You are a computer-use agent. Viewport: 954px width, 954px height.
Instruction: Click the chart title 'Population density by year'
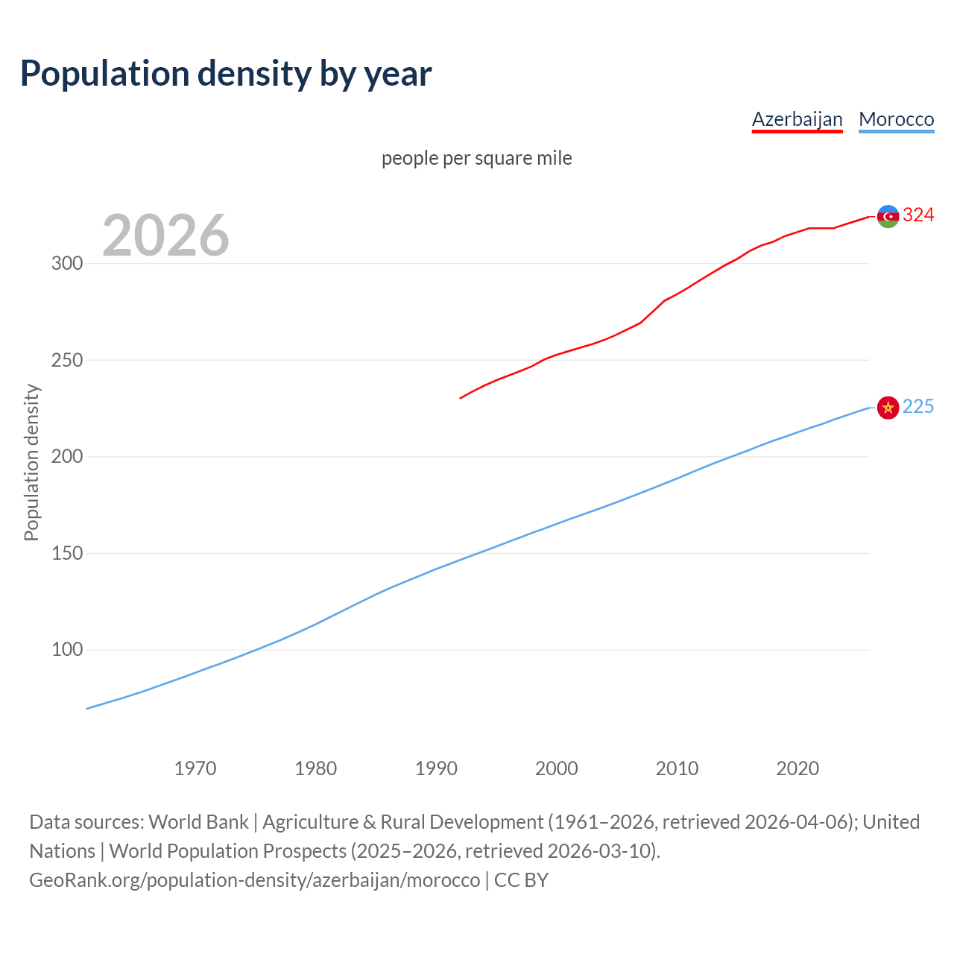click(x=226, y=73)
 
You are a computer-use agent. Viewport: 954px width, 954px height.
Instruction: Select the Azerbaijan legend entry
click(x=797, y=119)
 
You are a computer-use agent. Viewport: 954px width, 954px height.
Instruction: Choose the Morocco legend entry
click(x=896, y=119)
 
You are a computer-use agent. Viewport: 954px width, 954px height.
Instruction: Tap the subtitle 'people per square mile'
click(x=476, y=158)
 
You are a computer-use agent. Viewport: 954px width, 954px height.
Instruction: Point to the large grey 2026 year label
click(x=165, y=236)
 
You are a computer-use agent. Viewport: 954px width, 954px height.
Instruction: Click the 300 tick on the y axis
click(x=66, y=264)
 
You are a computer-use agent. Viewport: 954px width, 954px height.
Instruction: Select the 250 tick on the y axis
click(x=66, y=360)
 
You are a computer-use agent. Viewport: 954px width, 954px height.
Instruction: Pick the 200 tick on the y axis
click(x=66, y=457)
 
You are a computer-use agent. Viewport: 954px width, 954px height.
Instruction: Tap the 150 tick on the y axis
click(x=66, y=553)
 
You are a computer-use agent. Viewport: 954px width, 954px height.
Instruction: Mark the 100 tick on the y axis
click(x=66, y=650)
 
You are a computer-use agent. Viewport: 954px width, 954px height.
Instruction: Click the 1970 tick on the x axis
click(x=195, y=768)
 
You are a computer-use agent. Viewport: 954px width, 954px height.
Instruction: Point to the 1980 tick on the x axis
click(x=315, y=768)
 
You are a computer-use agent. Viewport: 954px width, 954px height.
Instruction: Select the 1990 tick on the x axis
click(x=436, y=768)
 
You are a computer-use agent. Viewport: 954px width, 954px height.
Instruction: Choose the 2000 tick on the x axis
click(x=557, y=768)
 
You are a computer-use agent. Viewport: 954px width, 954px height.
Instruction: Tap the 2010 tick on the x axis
click(x=677, y=768)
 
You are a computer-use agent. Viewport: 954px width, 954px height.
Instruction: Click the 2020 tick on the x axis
click(x=797, y=768)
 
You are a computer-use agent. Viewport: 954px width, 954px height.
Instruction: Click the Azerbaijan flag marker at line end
click(x=888, y=216)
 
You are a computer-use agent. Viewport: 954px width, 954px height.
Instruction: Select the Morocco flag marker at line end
click(x=888, y=407)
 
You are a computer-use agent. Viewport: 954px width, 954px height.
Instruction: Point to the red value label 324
click(x=918, y=215)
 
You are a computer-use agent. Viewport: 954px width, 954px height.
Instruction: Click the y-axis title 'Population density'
click(x=31, y=462)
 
